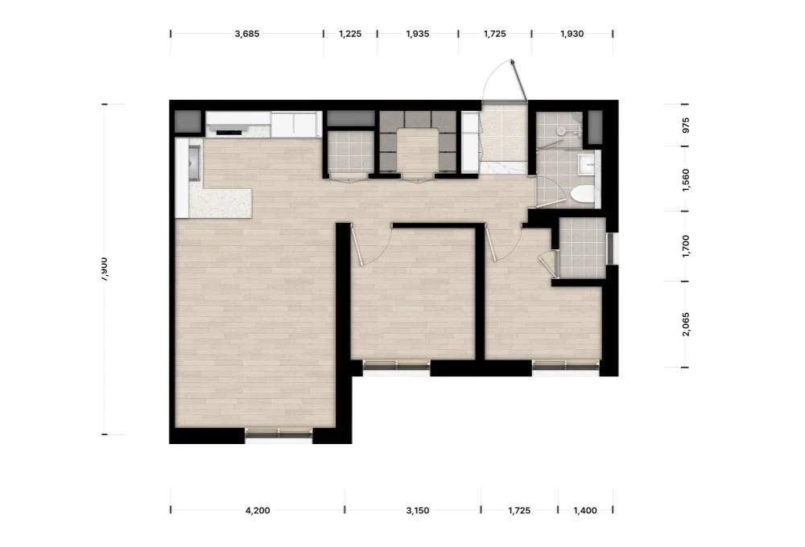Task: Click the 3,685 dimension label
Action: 247,34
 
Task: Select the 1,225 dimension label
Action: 350,34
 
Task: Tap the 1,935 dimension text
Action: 417,34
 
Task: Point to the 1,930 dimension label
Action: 572,34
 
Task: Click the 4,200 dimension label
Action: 258,511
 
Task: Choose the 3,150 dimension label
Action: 417,511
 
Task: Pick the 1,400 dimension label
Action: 585,511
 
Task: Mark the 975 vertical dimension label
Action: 687,125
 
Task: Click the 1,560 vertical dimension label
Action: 687,180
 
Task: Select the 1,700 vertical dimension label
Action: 687,246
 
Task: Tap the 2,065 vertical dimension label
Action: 687,324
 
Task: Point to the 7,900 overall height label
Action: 104,269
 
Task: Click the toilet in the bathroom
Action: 583,195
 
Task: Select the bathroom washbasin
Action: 586,164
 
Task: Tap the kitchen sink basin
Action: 193,162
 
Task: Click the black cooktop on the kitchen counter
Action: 229,133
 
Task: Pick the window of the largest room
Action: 279,434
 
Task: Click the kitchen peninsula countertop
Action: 221,204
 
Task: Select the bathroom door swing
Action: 545,191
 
